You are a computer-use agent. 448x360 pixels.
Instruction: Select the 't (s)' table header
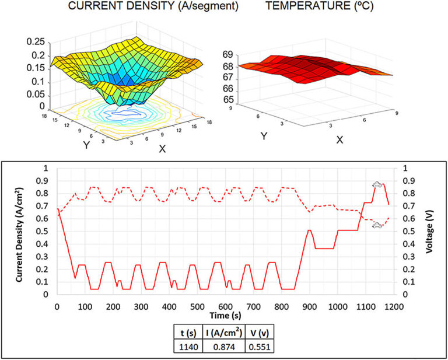coord(188,333)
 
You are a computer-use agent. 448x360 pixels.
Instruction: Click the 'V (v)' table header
coord(259,333)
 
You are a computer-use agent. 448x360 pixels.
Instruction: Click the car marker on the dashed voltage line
coord(377,225)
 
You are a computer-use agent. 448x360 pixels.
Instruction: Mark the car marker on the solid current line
coord(377,185)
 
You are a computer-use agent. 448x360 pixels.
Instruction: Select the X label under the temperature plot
coord(339,140)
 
